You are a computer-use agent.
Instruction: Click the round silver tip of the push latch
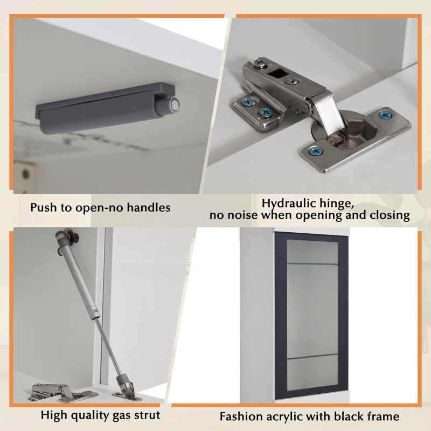[174, 105]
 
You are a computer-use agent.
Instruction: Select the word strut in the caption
[147, 415]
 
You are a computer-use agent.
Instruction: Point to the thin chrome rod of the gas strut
[107, 347]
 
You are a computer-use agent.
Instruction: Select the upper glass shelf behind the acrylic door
[312, 264]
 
